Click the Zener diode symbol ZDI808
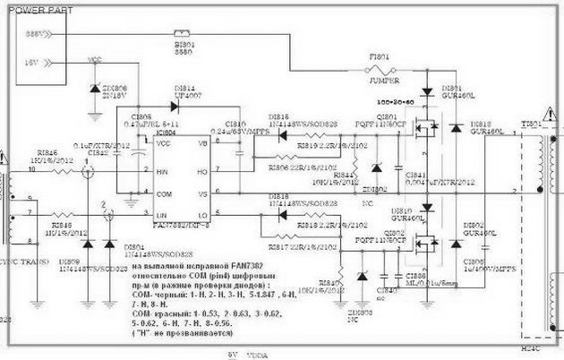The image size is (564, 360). pyautogui.click(x=96, y=90)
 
